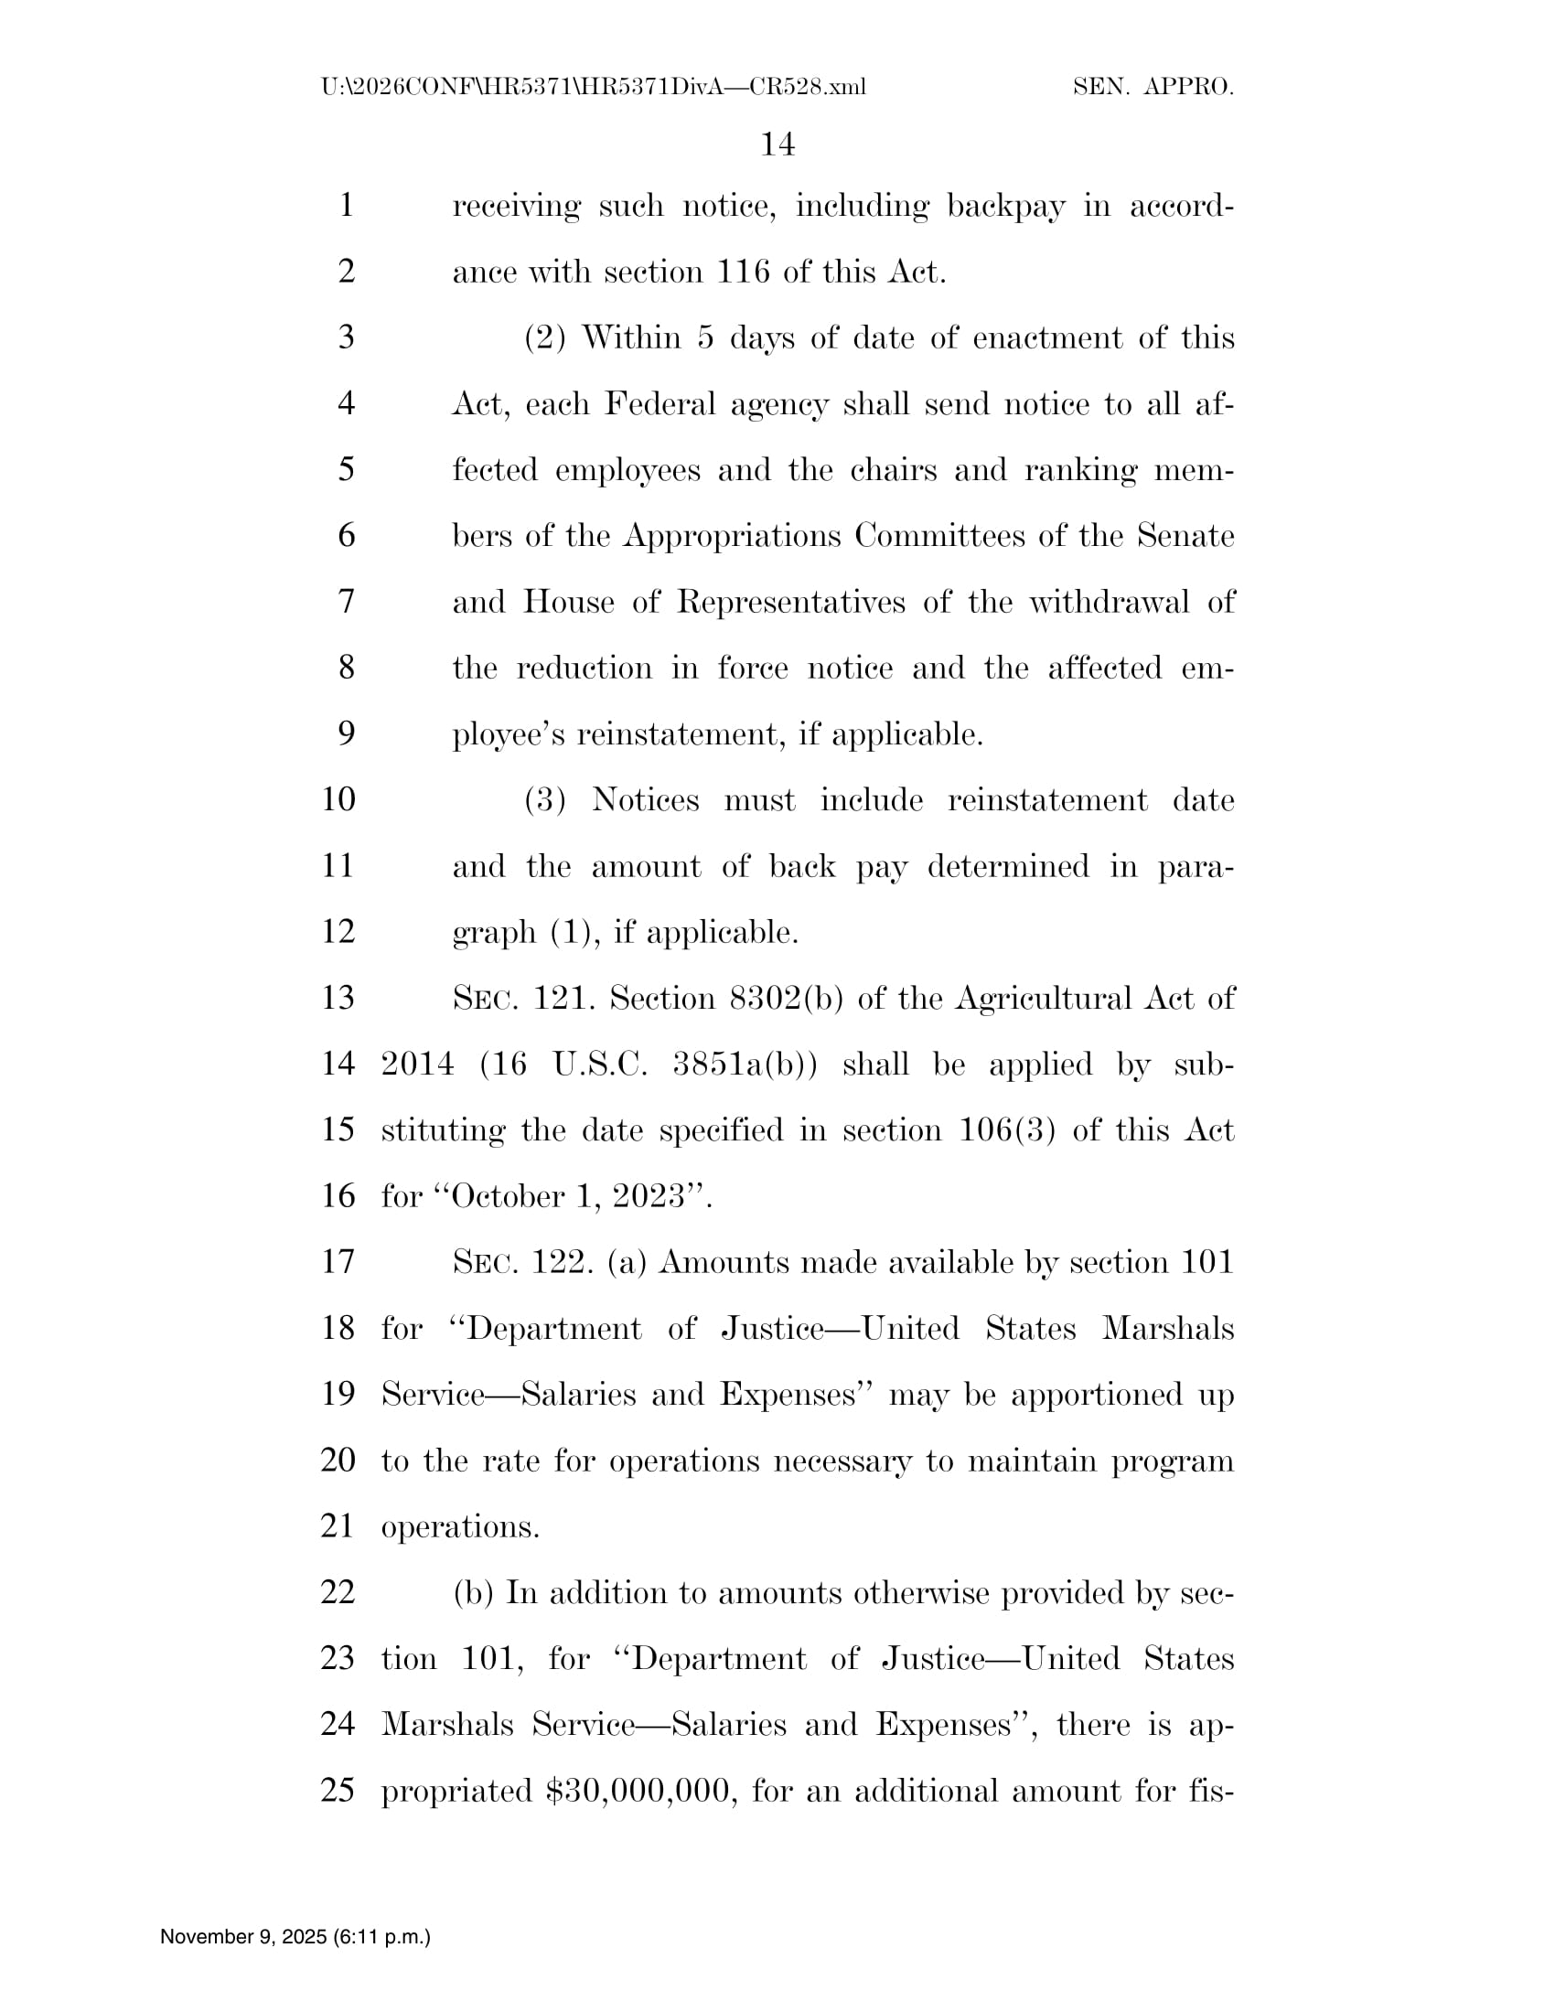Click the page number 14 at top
tap(777, 144)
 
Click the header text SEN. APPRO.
tap(1153, 88)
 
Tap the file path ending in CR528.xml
tap(594, 88)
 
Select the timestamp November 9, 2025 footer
tap(295, 1936)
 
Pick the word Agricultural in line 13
tap(1042, 999)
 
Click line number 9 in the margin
tap(347, 734)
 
